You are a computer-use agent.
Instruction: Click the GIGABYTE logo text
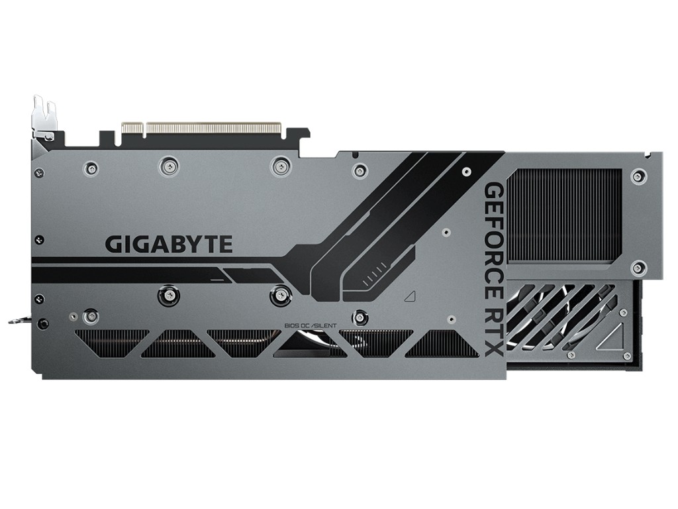click(169, 244)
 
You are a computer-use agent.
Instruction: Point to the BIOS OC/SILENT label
click(310, 325)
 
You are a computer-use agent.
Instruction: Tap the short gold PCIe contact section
click(132, 129)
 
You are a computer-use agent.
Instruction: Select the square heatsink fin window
click(564, 215)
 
